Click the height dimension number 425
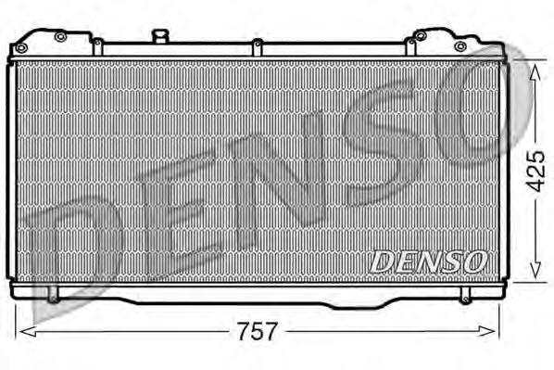click(533, 170)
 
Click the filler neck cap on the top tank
click(160, 36)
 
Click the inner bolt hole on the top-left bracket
click(60, 37)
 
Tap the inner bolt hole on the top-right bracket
click(420, 36)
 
